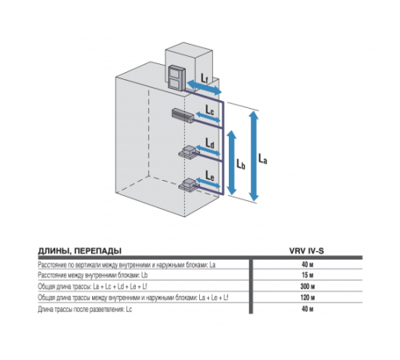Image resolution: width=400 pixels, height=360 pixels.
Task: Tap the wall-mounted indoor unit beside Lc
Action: point(183,114)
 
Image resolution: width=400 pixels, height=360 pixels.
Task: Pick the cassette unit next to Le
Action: point(189,185)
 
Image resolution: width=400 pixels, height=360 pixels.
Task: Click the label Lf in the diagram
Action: point(206,78)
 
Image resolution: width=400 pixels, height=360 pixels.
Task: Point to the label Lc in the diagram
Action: point(210,106)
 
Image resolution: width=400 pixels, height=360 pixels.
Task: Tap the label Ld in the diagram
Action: point(210,142)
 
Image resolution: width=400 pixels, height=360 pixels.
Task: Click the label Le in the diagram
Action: point(210,175)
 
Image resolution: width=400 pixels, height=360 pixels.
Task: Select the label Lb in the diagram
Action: point(240,164)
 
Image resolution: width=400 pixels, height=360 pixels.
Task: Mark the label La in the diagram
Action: point(266,158)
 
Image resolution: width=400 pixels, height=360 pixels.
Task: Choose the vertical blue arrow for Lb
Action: point(231,164)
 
